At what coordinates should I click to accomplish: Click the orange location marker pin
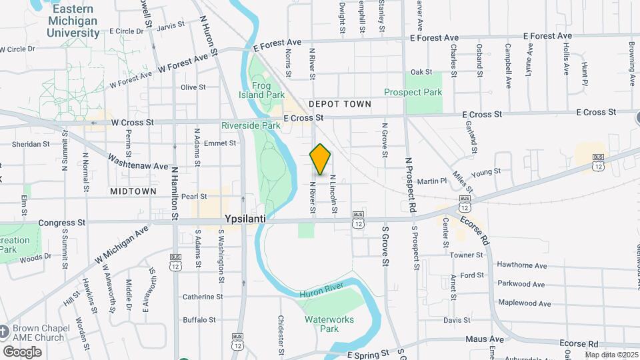[x=320, y=159]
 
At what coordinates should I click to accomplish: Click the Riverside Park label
[x=251, y=125]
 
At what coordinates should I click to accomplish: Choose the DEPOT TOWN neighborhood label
[x=340, y=105]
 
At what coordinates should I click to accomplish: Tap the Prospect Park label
[x=413, y=92]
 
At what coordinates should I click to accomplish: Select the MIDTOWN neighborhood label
[x=134, y=191]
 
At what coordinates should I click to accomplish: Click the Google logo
[x=22, y=351]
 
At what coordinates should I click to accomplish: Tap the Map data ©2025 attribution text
[x=611, y=355]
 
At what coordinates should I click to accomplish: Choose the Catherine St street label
[x=203, y=297]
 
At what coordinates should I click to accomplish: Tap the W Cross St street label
[x=133, y=123]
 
